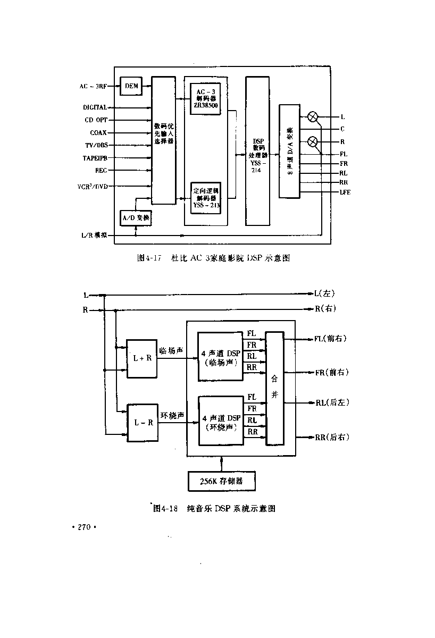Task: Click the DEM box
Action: pyautogui.click(x=131, y=86)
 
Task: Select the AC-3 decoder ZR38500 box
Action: pyautogui.click(x=205, y=99)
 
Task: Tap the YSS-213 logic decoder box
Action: pyautogui.click(x=205, y=197)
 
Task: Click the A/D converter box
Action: pyautogui.click(x=136, y=218)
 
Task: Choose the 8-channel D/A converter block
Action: pyautogui.click(x=289, y=152)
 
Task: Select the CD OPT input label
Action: pyautogui.click(x=96, y=120)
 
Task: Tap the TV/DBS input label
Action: pyautogui.click(x=96, y=145)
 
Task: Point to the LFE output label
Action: pyautogui.click(x=345, y=192)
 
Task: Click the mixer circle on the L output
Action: pyautogui.click(x=313, y=116)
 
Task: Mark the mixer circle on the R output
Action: pyautogui.click(x=313, y=141)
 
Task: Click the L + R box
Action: pyautogui.click(x=143, y=358)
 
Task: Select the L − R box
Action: pyautogui.click(x=143, y=423)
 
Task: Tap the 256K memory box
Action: pyautogui.click(x=221, y=482)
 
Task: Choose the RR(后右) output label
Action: pyautogui.click(x=332, y=437)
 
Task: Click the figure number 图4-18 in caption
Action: pyautogui.click(x=164, y=508)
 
